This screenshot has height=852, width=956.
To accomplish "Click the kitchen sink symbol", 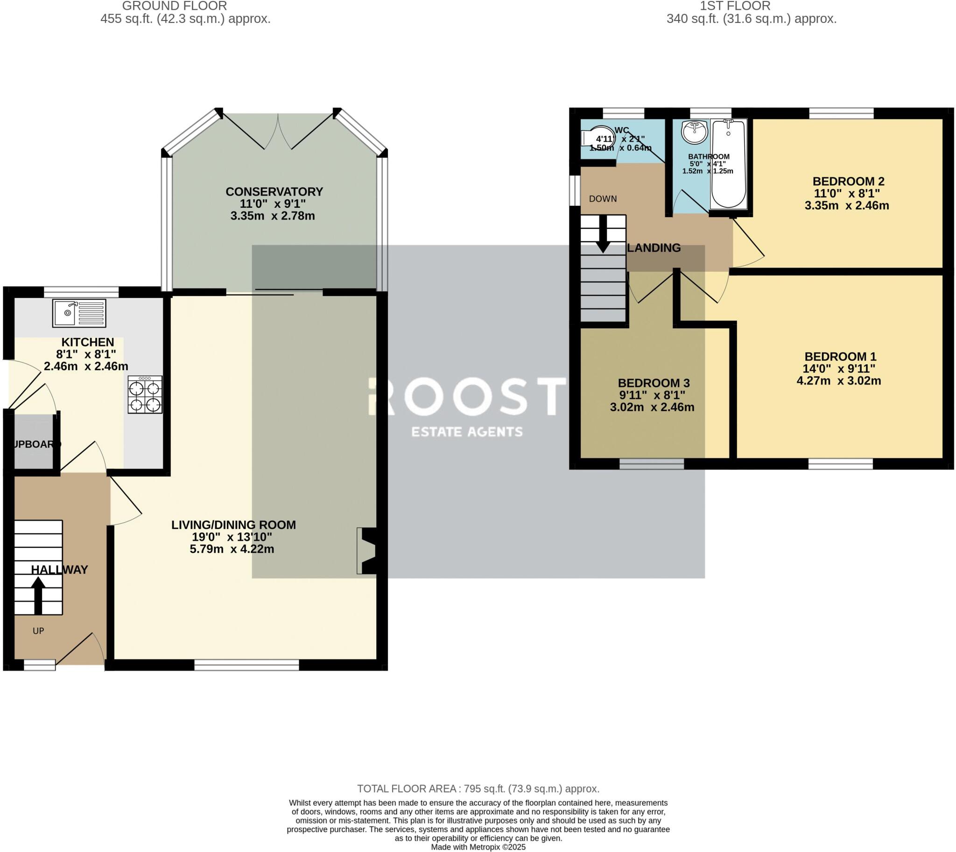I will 79,313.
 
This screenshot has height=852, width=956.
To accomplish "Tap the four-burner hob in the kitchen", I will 145,394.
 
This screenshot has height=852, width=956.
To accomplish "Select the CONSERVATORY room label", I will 274,191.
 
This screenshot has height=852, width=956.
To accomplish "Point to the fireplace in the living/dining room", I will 367,551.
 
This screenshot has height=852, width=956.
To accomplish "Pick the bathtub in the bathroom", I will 729,164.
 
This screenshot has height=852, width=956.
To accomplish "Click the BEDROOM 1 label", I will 840,356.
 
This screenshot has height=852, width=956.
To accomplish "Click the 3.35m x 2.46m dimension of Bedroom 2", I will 846,205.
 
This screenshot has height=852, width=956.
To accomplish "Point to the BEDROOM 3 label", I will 653,383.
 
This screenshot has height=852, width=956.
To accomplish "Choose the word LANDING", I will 654,248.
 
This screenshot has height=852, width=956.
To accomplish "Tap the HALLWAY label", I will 59,570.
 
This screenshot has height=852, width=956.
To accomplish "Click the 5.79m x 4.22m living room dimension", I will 232,549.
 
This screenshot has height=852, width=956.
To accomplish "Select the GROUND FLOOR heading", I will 174,6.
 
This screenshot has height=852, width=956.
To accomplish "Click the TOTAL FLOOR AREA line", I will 478,789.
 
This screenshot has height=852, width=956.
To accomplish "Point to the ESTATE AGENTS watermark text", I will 467,432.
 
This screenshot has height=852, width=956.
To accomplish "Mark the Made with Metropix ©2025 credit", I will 478,847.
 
